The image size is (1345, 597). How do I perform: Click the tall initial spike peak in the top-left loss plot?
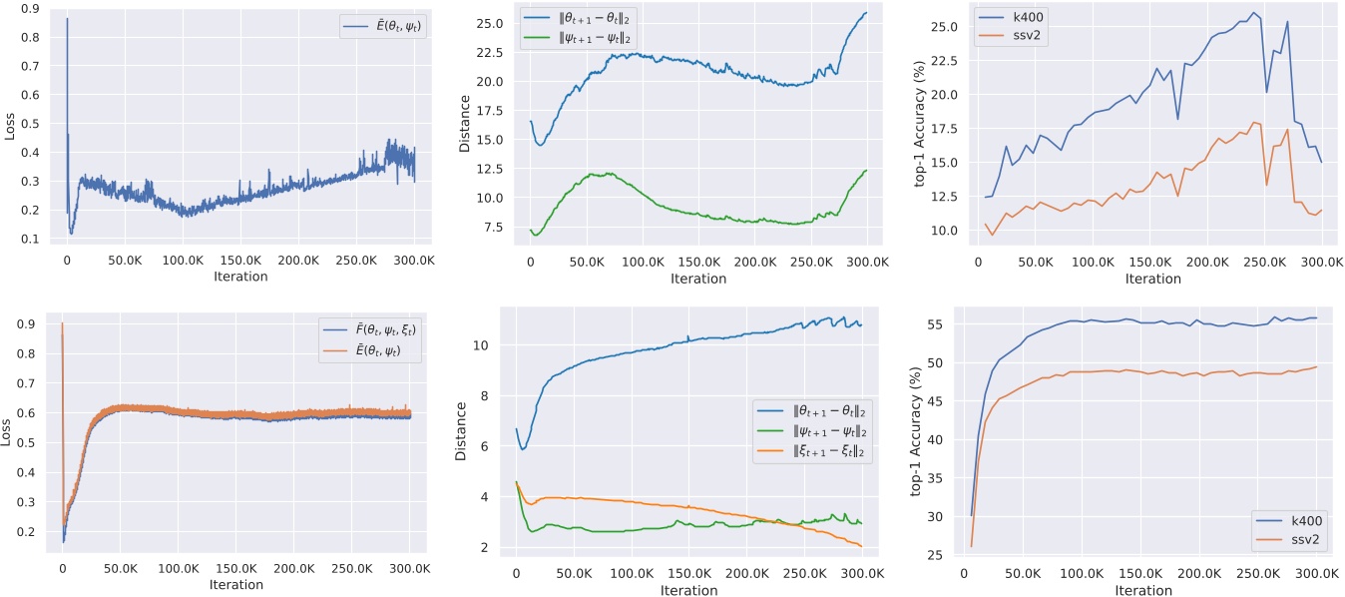click(67, 19)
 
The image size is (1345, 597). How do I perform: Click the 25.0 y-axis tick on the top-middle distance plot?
click(499, 21)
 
